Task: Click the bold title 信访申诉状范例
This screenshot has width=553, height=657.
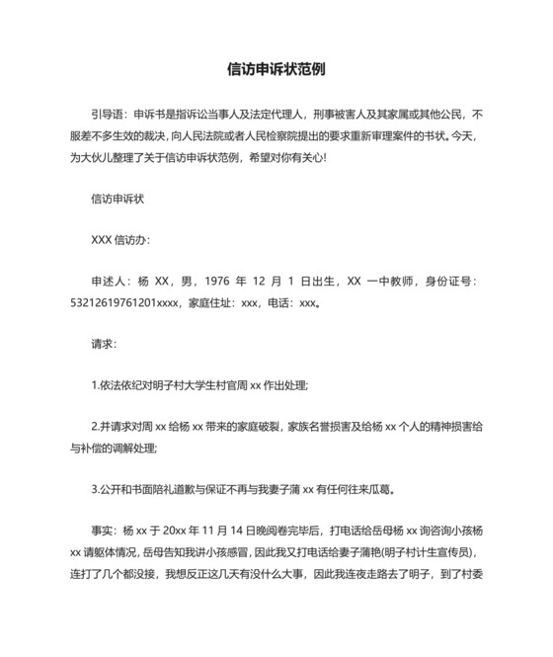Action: [x=276, y=70]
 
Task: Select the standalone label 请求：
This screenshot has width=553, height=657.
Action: [x=103, y=345]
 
